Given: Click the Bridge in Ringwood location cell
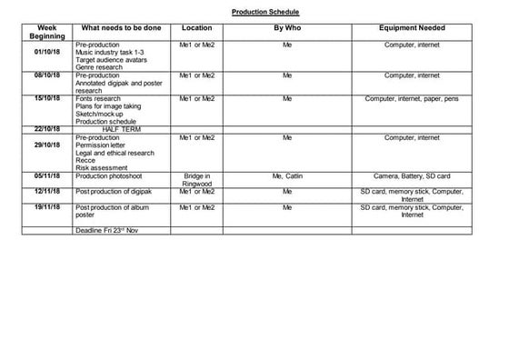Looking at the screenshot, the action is (x=197, y=179).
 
